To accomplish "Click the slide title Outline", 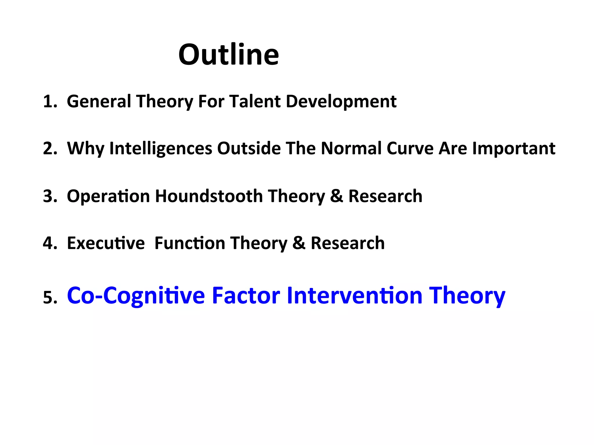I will [x=229, y=54].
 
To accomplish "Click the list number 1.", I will [x=50, y=102].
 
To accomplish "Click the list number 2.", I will [x=50, y=149].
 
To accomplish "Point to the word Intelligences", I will [x=161, y=149].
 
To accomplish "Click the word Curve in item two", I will [x=410, y=149].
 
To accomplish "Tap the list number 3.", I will [x=50, y=196].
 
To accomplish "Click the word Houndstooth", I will [x=209, y=196].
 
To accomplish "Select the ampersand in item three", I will [x=336, y=196].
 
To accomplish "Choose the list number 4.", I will [x=50, y=243].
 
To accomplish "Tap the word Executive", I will [x=106, y=243].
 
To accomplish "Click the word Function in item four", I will [x=190, y=243].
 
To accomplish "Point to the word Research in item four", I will [x=347, y=243].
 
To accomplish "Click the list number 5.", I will [x=50, y=298].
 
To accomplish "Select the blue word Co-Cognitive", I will [x=136, y=296].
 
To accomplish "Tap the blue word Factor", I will [x=246, y=295].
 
